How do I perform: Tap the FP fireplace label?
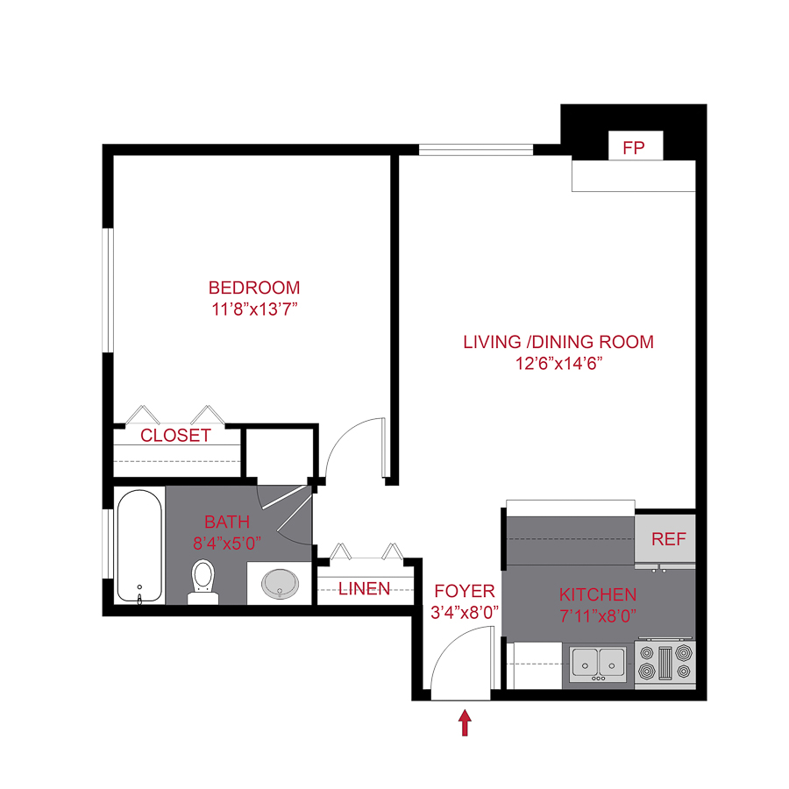(634, 148)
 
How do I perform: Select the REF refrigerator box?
(668, 539)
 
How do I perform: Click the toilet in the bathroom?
(203, 580)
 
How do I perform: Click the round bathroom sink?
(280, 583)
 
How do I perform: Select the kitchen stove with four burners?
(665, 664)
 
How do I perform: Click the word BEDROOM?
(254, 288)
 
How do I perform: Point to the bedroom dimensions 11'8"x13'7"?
(254, 309)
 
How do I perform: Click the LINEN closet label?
(365, 588)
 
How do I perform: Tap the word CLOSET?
(176, 436)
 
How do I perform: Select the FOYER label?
(465, 592)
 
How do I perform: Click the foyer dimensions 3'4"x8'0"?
(465, 613)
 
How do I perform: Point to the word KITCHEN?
(598, 595)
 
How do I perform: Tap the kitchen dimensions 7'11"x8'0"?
(598, 616)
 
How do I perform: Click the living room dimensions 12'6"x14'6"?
(558, 363)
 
